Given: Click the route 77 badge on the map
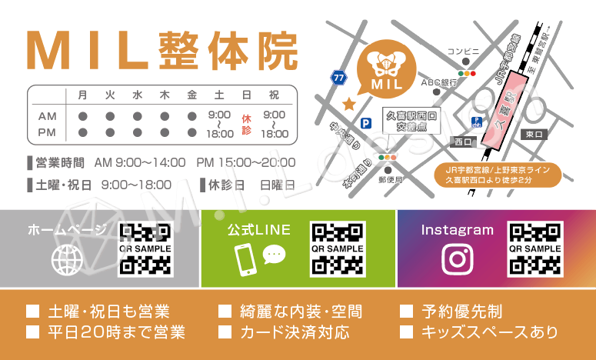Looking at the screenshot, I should point(338,77).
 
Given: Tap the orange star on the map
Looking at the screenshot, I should point(348,103).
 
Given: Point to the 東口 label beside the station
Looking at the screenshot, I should point(533,134).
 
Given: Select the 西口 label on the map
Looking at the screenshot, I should point(463,142).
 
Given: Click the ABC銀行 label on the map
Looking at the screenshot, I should point(438,81).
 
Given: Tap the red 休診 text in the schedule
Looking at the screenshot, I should point(246,124).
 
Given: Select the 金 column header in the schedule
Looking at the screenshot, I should point(191,95).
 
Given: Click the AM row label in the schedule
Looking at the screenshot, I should point(48,115).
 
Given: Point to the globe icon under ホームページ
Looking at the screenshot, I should point(67,260).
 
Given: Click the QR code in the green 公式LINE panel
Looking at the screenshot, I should point(337,249).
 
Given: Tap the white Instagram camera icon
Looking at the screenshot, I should point(458,259).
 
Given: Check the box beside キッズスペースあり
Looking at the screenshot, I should point(406,332).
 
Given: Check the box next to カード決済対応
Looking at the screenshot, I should point(225,332).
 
